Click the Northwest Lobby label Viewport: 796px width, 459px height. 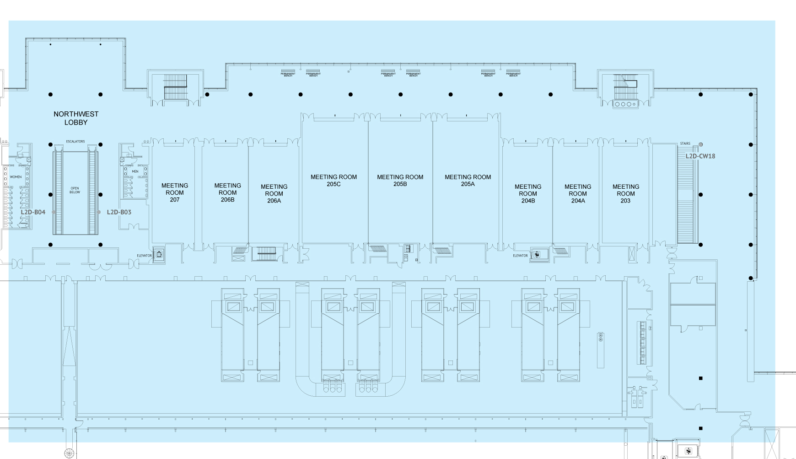[76, 118]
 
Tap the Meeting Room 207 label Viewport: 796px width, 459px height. [175, 193]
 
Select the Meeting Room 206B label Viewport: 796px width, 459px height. [228, 193]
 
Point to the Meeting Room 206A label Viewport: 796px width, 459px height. [274, 194]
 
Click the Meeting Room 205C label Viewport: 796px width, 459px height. [333, 180]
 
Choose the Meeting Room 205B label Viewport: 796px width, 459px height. [400, 180]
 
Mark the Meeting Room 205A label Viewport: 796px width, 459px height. [468, 180]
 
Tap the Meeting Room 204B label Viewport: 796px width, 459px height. [528, 194]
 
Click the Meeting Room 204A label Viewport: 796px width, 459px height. [578, 194]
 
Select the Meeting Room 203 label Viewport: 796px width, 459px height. [626, 194]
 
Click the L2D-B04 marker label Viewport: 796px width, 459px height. [33, 212]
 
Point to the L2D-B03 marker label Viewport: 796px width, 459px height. [119, 212]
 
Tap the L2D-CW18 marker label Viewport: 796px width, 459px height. [700, 156]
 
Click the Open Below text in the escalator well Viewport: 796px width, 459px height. [75, 190]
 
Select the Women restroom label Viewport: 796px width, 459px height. [16, 177]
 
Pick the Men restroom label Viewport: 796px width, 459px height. [135, 172]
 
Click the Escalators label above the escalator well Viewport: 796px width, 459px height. [75, 142]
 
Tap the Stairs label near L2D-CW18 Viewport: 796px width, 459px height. [685, 144]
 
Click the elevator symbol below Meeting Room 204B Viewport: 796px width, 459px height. [537, 254]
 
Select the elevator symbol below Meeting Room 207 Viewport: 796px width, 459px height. [159, 254]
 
